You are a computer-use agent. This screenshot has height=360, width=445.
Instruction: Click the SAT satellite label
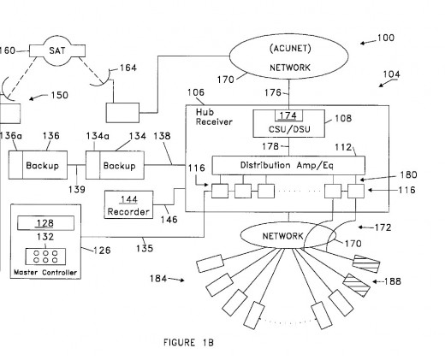(57, 50)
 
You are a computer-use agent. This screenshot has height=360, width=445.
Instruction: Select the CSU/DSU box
(288, 123)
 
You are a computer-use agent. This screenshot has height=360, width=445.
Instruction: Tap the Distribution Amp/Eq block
(288, 165)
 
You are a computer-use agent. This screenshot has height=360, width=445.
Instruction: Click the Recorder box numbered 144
(128, 204)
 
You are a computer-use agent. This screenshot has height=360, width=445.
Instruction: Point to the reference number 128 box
(45, 223)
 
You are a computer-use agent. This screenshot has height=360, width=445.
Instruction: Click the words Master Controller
(45, 273)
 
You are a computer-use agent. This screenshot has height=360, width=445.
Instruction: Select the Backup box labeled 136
(38, 165)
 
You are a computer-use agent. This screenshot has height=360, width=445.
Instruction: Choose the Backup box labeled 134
(115, 165)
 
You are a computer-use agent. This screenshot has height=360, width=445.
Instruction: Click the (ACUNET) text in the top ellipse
(290, 49)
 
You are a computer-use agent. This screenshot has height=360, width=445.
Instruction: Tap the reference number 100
(386, 38)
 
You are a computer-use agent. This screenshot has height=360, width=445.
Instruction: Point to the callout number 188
(393, 281)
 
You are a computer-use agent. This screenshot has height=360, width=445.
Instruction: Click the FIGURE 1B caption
(188, 342)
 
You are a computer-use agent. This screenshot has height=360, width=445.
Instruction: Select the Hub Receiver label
(214, 117)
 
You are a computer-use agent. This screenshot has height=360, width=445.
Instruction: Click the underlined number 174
(288, 115)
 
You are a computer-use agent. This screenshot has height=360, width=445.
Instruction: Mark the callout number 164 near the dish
(128, 68)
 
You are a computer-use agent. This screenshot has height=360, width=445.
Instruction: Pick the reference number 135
(145, 249)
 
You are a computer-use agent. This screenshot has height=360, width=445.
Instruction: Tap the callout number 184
(158, 279)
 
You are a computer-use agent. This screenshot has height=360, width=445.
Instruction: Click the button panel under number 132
(45, 257)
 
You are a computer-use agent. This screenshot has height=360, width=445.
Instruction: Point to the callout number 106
(196, 92)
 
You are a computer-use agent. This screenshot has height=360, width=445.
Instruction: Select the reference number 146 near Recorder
(169, 220)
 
